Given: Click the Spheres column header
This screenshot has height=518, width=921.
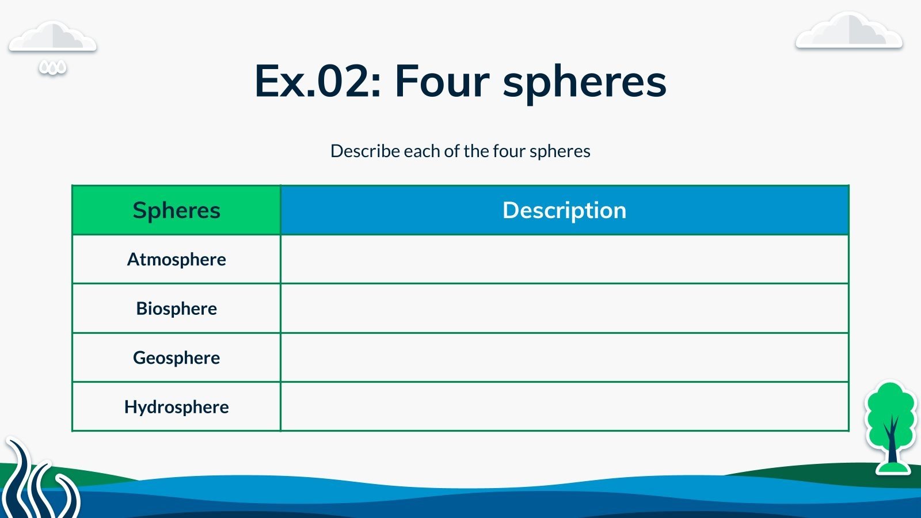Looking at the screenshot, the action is point(176,210).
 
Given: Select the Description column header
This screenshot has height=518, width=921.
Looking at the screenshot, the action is point(565,210).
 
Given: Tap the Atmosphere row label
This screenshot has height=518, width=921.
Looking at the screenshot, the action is point(176,260).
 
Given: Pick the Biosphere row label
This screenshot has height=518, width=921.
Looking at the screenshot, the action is point(176,308).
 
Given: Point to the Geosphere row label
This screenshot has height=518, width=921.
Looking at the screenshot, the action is point(176,357).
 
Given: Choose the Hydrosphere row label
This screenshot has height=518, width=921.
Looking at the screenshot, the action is point(176,407).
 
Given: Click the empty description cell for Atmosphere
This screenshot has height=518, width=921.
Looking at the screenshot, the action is point(565,260).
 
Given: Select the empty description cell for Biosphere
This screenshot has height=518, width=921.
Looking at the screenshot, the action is point(565,308).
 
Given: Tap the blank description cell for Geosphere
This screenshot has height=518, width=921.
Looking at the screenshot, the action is point(565,357).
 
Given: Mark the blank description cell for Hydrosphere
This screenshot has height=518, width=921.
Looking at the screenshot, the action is point(565,406).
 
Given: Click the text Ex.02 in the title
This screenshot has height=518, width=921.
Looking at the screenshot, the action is point(317,81).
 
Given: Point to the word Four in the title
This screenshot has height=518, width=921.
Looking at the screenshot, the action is point(442,81).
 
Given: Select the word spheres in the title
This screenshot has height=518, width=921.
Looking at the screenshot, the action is point(584,84).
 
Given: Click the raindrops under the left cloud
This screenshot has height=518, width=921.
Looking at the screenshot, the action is point(52,68).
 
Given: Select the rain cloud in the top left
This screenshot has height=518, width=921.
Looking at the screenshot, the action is point(52,36).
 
